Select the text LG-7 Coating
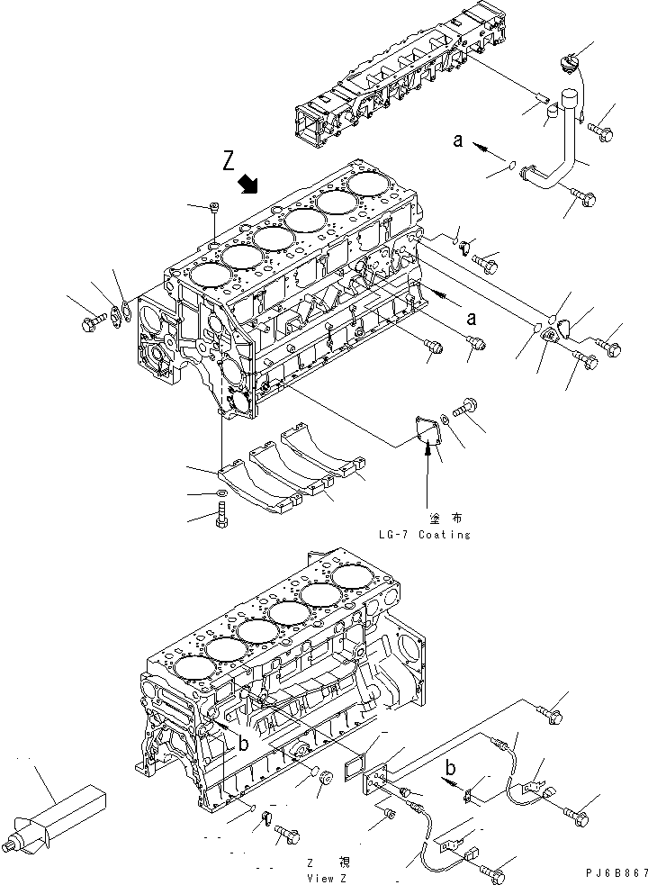pos(425,534)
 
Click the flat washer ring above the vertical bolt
pos(220,494)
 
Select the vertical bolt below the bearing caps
pos(221,517)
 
